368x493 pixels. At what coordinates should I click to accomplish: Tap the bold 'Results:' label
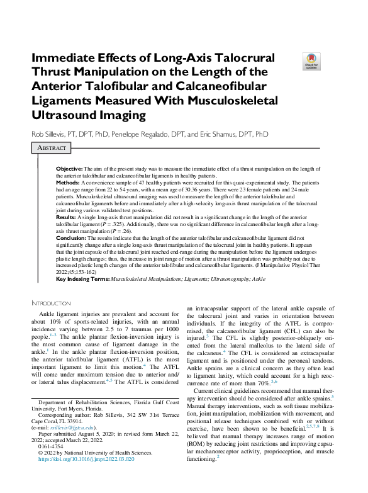pos(66,216)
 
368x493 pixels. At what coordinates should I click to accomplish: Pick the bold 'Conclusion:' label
pos(70,239)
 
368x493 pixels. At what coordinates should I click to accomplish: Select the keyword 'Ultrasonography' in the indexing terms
pos(230,278)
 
